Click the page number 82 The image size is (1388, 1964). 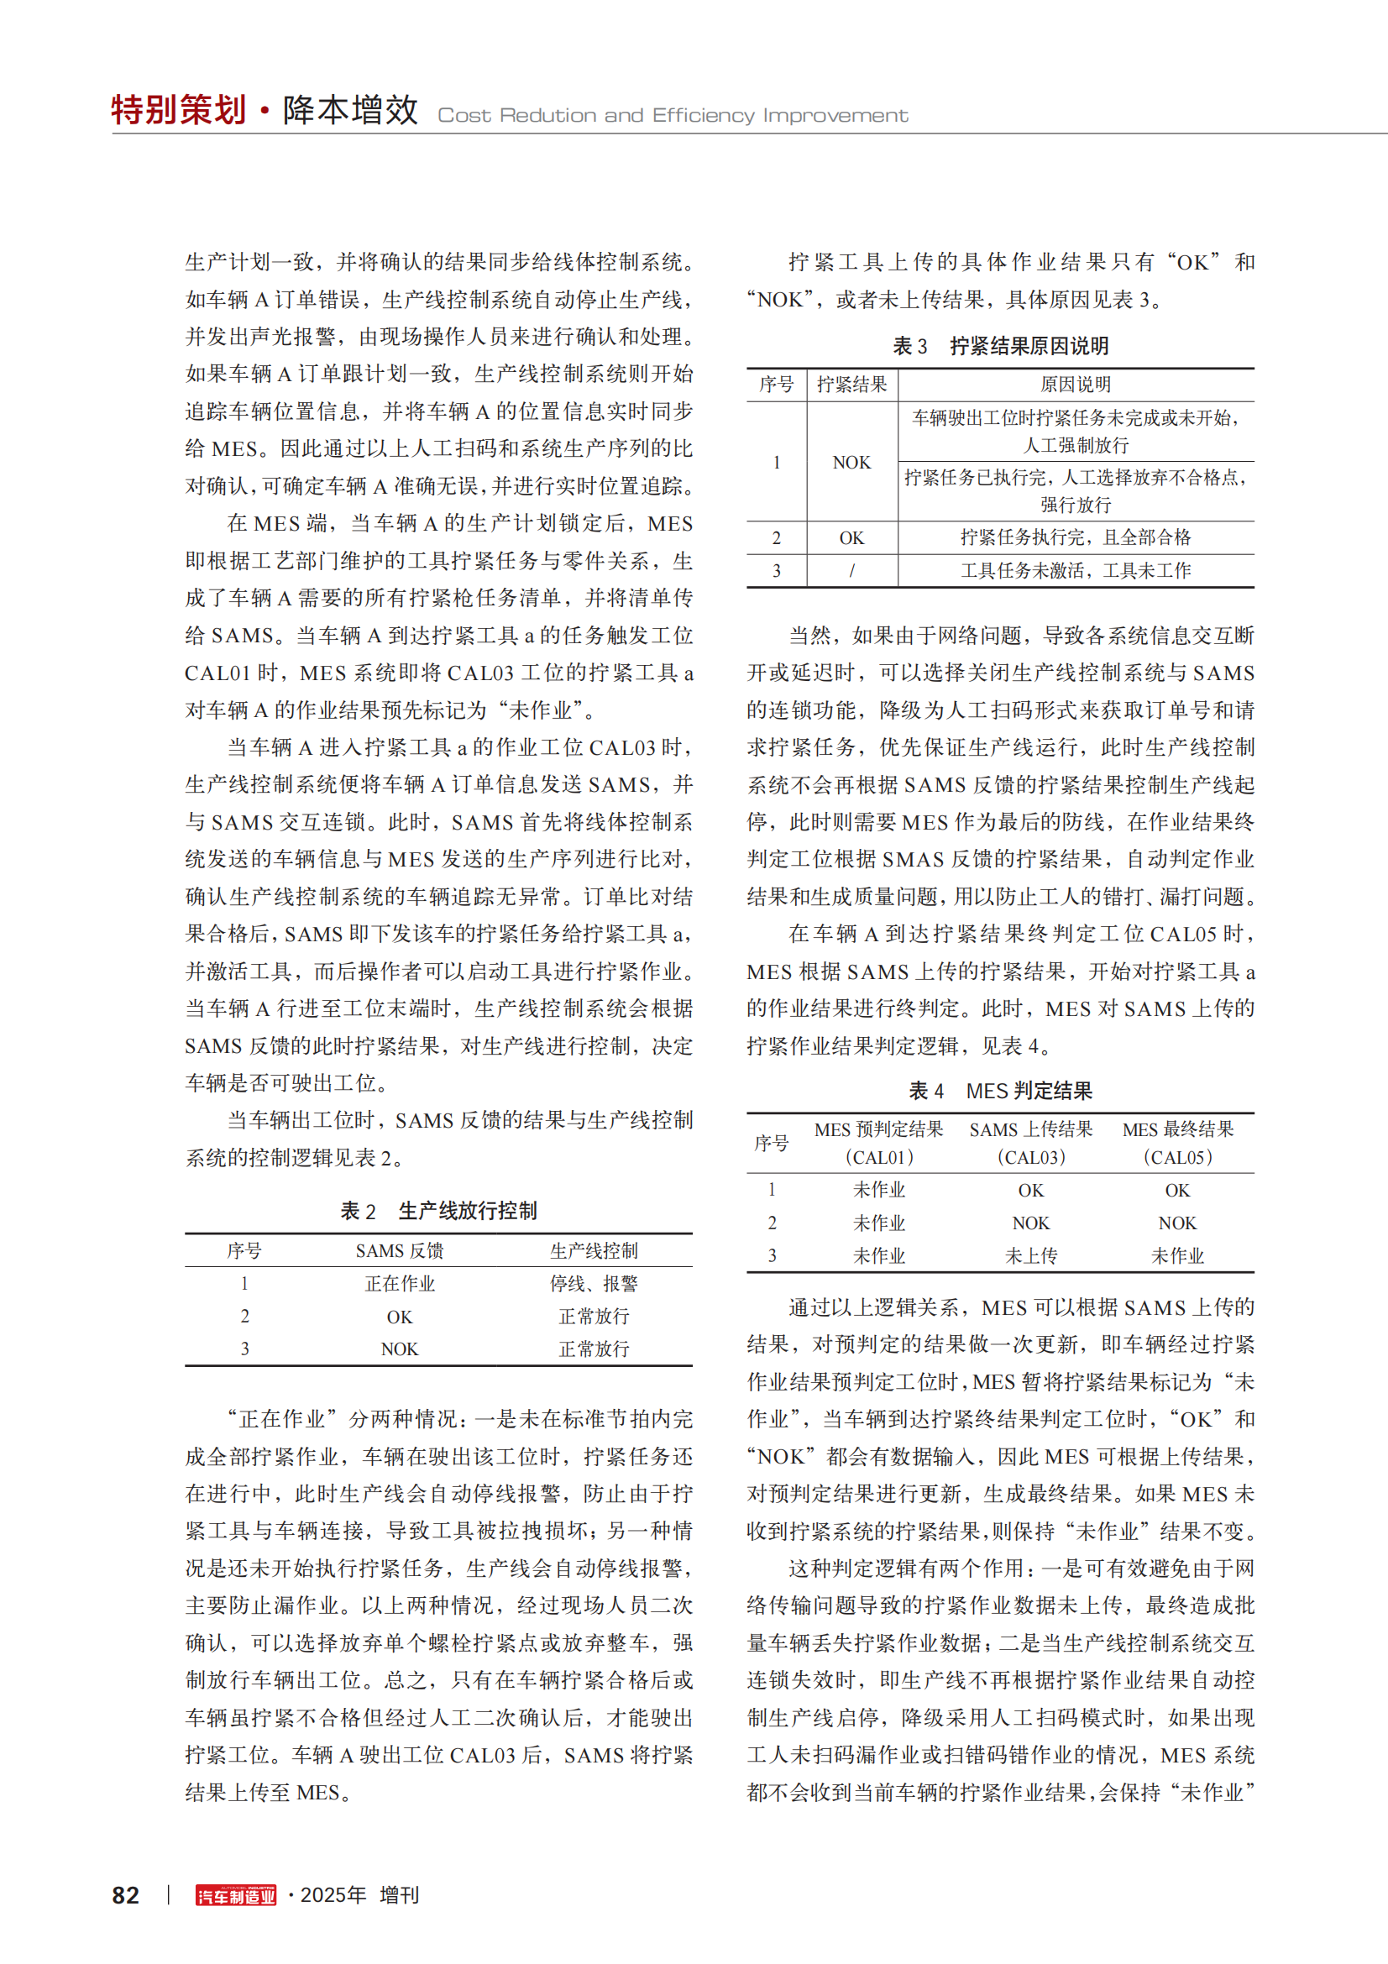[126, 1894]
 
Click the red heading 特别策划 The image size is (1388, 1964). [179, 110]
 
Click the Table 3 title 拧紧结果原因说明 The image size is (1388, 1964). [1029, 346]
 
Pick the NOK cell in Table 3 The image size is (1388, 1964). [851, 463]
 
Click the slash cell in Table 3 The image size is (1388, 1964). [851, 570]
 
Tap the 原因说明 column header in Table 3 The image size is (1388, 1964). [1075, 385]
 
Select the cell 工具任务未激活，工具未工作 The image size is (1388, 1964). [1075, 570]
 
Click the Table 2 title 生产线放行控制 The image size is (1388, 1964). [468, 1211]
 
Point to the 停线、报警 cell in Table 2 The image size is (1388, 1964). [594, 1283]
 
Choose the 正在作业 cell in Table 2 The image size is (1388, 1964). [400, 1283]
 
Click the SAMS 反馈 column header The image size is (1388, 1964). [400, 1250]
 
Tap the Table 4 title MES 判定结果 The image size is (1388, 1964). [1029, 1091]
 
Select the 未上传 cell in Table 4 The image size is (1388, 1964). [1030, 1255]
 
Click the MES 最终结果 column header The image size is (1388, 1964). [1177, 1129]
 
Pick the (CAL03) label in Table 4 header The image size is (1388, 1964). [1030, 1157]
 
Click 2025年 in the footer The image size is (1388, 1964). [333, 1894]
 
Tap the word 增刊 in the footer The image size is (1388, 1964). [400, 1894]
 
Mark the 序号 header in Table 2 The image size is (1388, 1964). [244, 1250]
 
